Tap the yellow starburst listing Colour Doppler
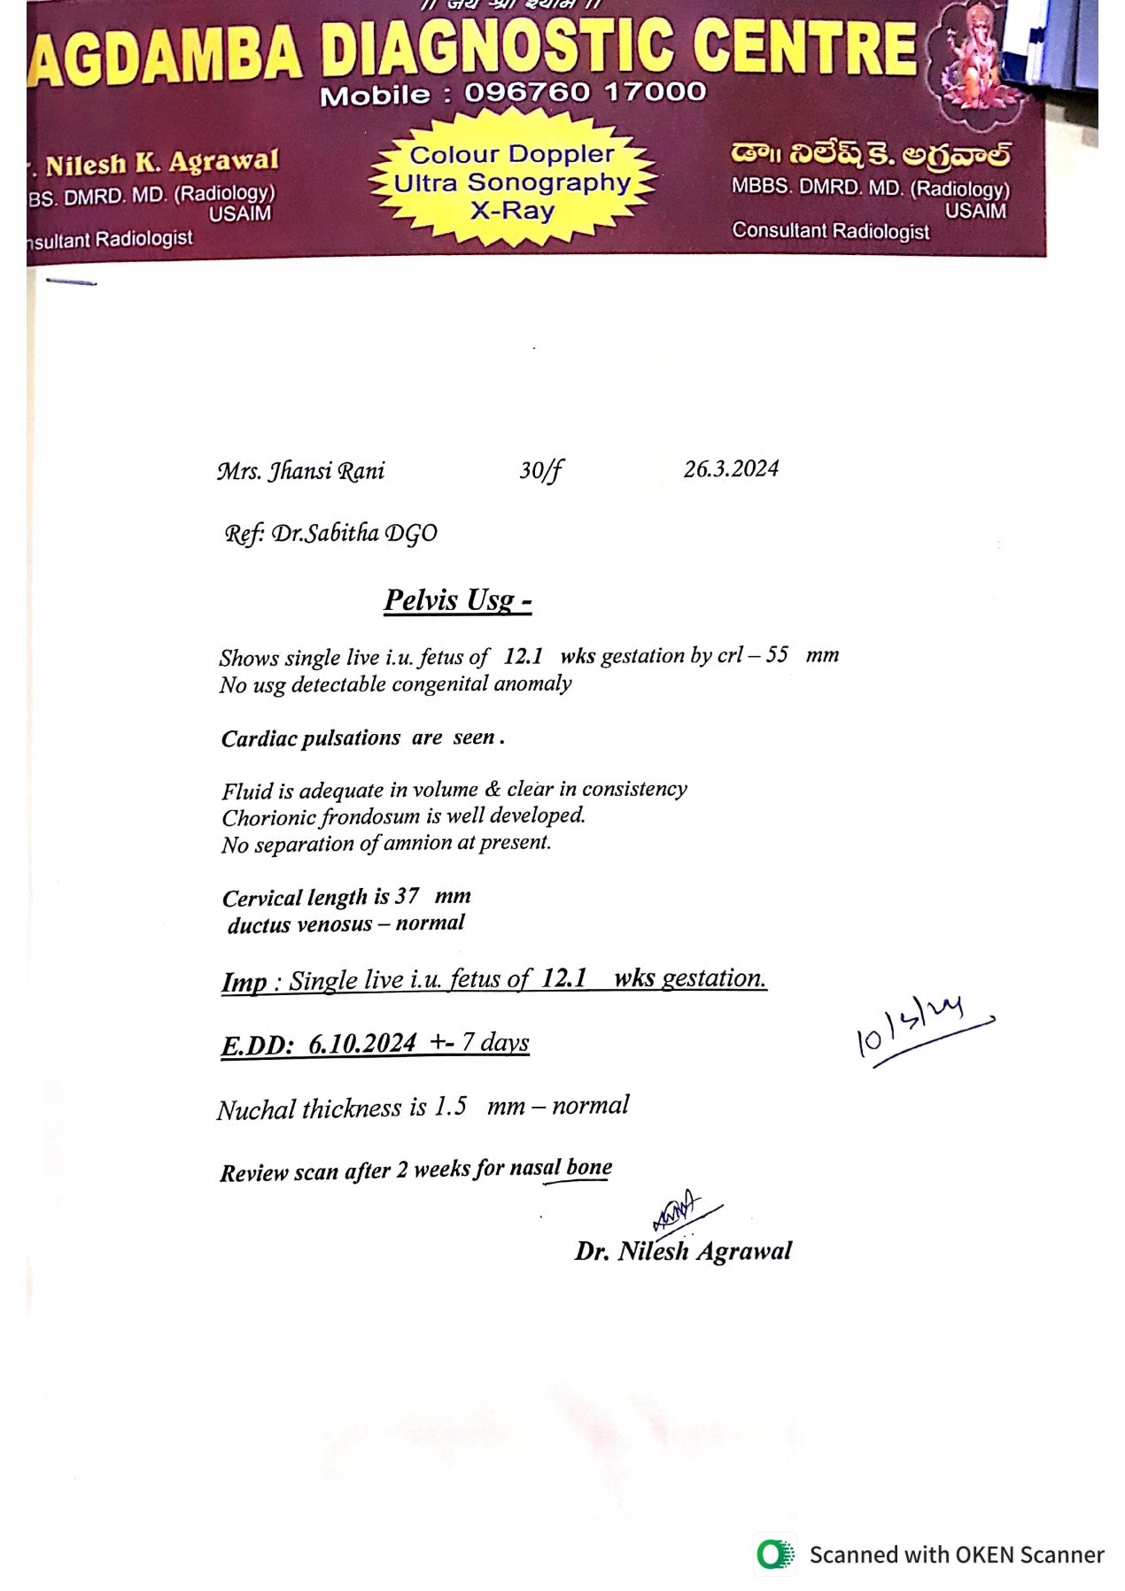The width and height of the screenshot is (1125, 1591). click(x=512, y=183)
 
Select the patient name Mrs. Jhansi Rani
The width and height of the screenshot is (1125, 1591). click(x=301, y=471)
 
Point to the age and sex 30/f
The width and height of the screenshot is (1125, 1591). click(x=540, y=470)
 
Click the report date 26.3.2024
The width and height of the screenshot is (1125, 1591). click(x=731, y=469)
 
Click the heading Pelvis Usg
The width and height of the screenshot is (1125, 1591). click(x=457, y=600)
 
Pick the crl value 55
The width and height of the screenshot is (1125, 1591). click(x=777, y=655)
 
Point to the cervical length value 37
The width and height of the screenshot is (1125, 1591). click(x=407, y=896)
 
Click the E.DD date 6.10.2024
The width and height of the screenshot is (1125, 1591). click(x=362, y=1044)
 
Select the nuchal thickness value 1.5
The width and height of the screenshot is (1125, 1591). click(x=450, y=1108)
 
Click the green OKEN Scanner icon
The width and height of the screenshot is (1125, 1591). click(x=775, y=1554)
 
